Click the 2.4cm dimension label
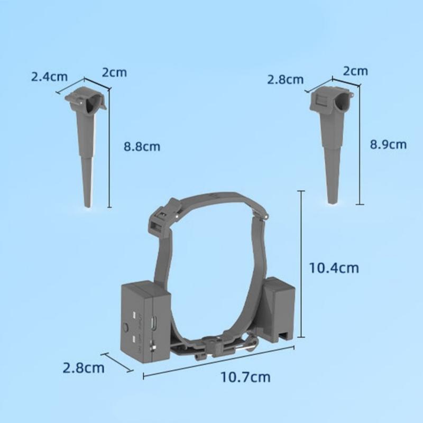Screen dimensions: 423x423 49,77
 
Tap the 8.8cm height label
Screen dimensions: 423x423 142,147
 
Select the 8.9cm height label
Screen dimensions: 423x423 388,144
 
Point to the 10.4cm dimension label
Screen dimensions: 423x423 334,268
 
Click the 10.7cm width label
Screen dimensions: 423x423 245,377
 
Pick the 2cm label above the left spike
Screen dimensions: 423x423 114,72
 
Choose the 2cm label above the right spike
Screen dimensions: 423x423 355,71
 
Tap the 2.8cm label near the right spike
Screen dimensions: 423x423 286,80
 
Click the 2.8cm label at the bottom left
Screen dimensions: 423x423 84,368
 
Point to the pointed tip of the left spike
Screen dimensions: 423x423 87,206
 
